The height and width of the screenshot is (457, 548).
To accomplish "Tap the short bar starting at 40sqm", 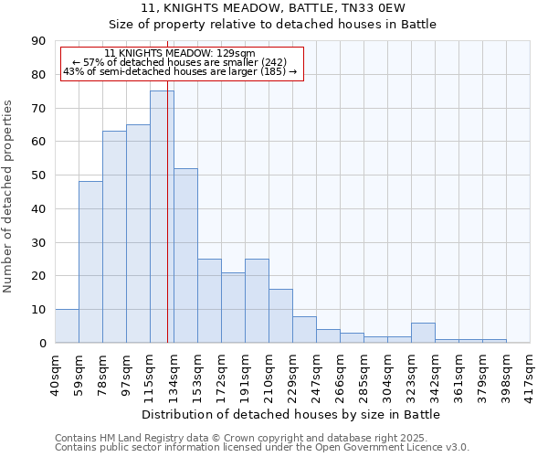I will [67, 326].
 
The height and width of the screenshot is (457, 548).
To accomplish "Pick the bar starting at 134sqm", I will [185, 256].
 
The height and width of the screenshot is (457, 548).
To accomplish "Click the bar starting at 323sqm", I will [423, 333].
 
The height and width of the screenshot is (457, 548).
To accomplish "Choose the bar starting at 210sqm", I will [280, 316].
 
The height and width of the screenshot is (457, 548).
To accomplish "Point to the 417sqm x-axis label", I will [531, 371].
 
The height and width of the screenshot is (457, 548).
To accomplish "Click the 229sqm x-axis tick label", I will [293, 371].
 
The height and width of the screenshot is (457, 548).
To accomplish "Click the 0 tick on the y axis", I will [42, 343].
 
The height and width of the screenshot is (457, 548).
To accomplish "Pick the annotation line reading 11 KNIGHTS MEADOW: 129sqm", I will [180, 54].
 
